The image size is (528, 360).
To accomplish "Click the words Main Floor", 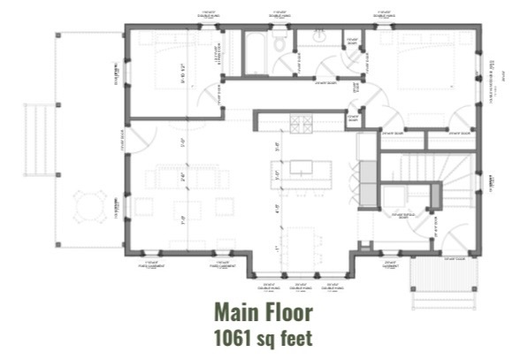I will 264,313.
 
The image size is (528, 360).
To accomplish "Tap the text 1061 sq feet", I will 264,338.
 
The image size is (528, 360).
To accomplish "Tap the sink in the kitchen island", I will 302,167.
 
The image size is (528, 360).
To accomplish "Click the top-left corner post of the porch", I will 58,35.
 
